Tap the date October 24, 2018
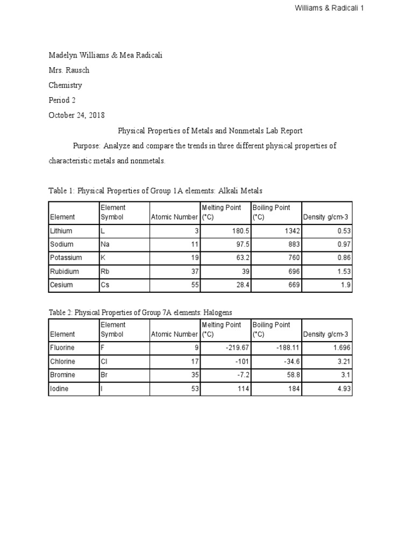tap(76, 115)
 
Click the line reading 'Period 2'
tap(62, 100)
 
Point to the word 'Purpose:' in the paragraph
tap(87, 146)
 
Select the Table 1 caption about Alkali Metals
tap(155, 191)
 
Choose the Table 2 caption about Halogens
tap(140, 312)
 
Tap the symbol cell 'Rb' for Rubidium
tap(105, 271)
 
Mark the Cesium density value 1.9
tap(346, 285)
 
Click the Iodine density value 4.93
tap(342, 388)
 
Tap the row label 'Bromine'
tap(62, 375)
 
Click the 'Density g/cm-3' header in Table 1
tap(326, 217)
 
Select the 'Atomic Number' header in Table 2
tap(175, 334)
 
